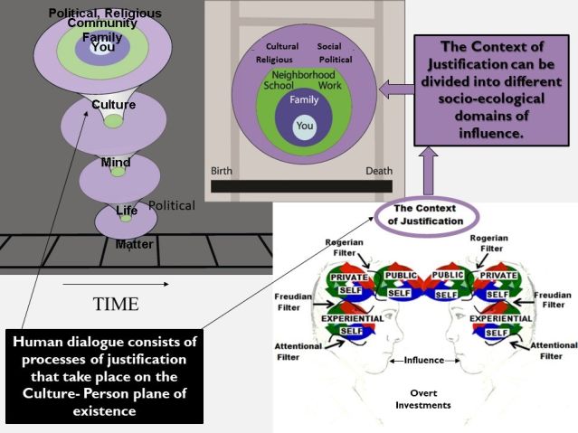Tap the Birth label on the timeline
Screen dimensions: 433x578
pos(223,171)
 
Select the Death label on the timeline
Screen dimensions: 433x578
pos(379,171)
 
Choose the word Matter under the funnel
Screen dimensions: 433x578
pos(134,244)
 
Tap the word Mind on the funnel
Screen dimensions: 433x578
pos(116,163)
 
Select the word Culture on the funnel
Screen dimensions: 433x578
pos(114,105)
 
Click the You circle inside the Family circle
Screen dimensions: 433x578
pos(305,126)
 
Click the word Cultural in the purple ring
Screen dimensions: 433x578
pos(282,46)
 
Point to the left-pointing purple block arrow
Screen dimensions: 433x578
pos(395,88)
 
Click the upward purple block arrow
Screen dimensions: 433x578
pos(427,172)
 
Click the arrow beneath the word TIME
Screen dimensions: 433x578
pos(115,285)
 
